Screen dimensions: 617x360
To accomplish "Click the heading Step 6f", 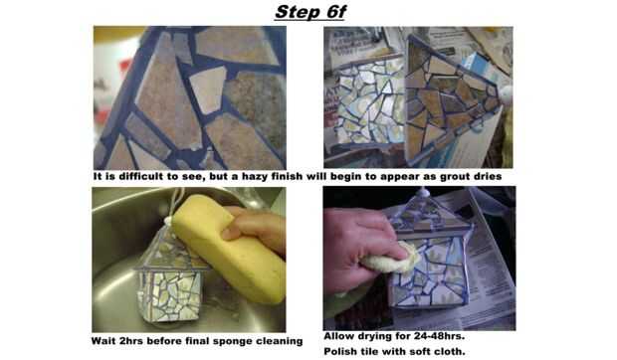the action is (310, 12).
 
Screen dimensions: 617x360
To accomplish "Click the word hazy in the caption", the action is (256, 176).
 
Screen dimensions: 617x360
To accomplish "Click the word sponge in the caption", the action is (232, 341).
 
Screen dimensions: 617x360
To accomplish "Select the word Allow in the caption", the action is (339, 336).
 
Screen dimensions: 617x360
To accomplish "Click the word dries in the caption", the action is (489, 176).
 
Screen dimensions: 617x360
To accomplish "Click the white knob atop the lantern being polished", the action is (423, 192).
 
